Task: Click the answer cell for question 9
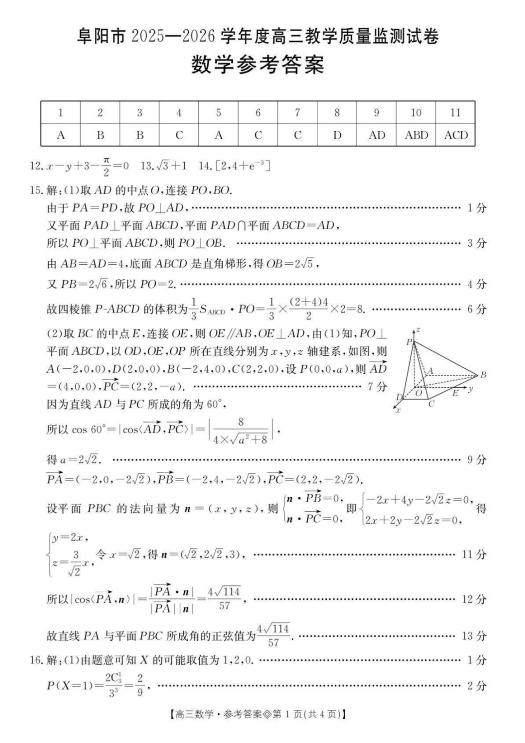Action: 377,135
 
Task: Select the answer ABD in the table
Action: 416,135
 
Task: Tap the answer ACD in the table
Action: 455,135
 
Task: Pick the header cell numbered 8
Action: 337,113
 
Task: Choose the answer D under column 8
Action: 337,135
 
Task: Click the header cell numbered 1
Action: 61,113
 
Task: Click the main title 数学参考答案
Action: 258,65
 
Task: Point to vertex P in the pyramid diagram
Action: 409,342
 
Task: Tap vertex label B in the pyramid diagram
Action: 483,375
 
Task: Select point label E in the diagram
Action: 455,393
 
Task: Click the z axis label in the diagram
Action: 418,330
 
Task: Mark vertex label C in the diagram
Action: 431,403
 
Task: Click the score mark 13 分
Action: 473,635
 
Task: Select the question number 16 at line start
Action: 35,660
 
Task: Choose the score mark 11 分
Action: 473,554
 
